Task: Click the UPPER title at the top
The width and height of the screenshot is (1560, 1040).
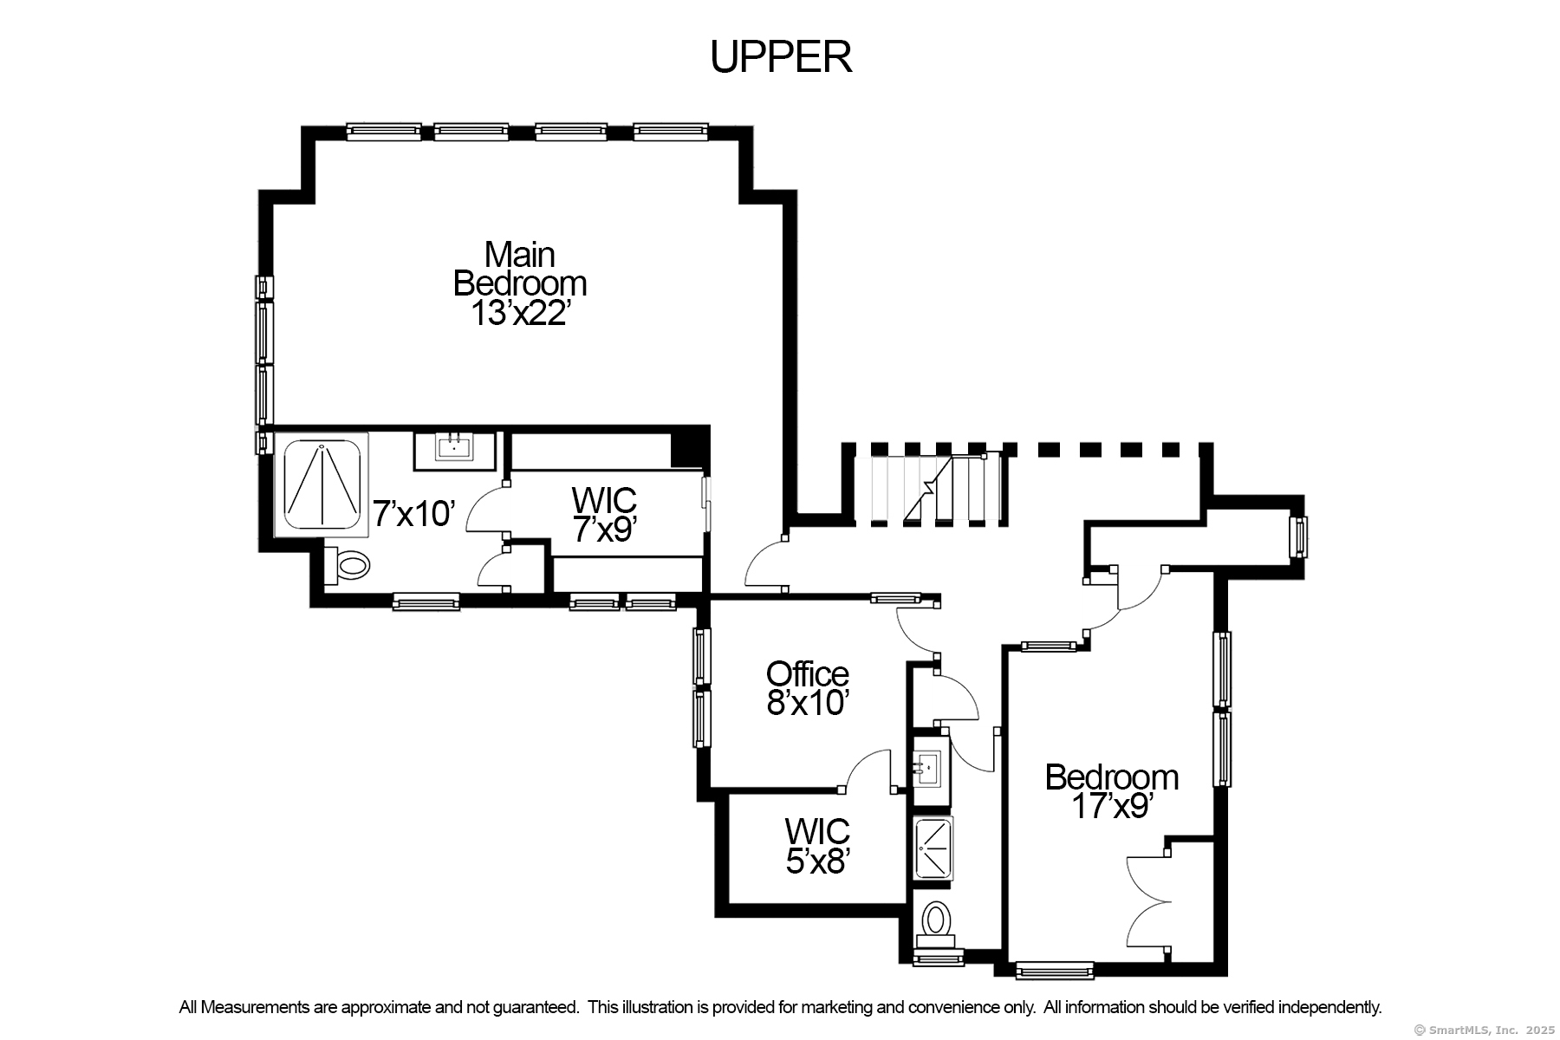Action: (781, 57)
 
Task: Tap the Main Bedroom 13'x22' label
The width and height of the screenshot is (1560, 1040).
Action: (520, 284)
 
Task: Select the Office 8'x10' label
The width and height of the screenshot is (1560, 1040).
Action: (807, 688)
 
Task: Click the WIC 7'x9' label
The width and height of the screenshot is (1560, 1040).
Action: (604, 514)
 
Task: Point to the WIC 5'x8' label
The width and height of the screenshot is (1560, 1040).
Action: (817, 846)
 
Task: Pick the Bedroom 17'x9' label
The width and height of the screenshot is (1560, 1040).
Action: (1112, 790)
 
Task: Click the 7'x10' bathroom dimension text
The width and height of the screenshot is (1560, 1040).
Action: (414, 514)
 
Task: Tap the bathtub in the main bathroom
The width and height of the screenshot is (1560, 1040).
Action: (322, 484)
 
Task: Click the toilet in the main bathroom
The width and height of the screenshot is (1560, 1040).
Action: (347, 565)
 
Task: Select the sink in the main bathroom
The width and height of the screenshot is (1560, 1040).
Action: (454, 450)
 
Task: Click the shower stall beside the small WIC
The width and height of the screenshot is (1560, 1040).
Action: (933, 848)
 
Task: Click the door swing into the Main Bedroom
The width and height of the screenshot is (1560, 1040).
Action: (766, 563)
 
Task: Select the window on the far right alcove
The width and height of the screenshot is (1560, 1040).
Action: (1298, 537)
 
